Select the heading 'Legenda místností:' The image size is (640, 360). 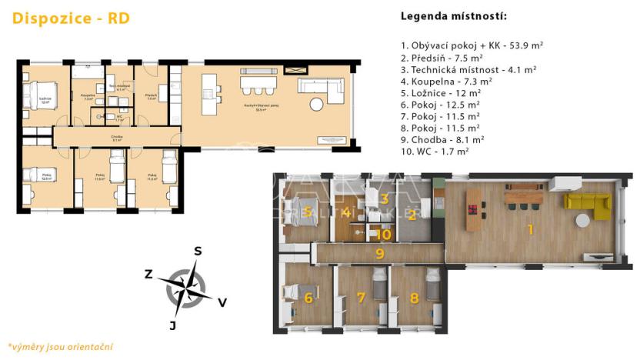coord(454,16)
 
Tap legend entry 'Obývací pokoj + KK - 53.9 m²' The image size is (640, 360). coord(472,45)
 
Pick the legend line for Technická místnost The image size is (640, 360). coord(468,68)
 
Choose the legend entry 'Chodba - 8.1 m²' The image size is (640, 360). coord(443,139)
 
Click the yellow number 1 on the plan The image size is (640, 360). coord(529,228)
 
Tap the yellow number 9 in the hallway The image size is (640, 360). coord(379,252)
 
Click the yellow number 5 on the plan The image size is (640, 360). coord(306,212)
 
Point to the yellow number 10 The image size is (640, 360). coord(384,234)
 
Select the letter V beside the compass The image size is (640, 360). coord(222,302)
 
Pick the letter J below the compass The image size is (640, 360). coord(173,325)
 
